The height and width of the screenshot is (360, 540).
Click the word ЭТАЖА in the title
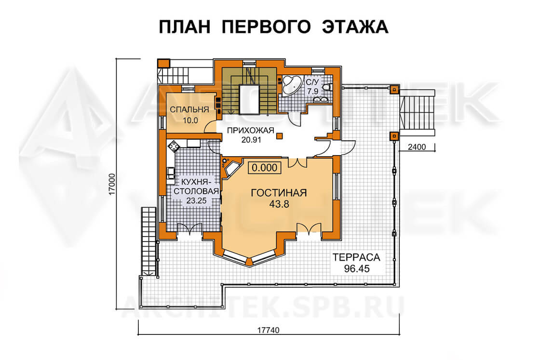355,27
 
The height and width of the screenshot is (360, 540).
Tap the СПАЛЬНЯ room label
189,110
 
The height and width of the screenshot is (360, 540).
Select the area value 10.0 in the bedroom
190,120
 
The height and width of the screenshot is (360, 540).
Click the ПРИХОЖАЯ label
250,131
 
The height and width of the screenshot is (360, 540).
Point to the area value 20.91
251,140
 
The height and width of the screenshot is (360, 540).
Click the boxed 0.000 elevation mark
265,168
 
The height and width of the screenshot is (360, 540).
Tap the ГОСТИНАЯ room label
279,193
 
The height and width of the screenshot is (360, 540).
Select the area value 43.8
279,204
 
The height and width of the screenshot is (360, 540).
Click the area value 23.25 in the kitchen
196,200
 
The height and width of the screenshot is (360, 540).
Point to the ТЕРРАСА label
356,257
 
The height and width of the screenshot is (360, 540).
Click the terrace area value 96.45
357,268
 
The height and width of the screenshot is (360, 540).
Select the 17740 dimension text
268,331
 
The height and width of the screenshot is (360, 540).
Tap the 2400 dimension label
417,147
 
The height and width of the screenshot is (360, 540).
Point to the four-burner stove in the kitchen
174,146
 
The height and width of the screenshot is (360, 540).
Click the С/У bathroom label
312,82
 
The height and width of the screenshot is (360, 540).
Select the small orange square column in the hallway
280,136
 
